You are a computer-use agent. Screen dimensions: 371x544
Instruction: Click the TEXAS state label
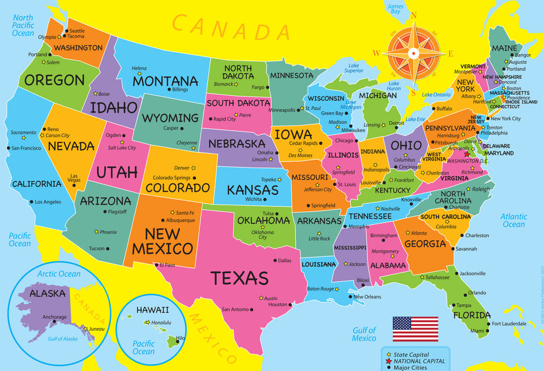(239, 278)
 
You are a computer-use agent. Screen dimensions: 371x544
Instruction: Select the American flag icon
(415, 329)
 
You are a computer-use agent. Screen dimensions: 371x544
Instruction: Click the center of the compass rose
(414, 53)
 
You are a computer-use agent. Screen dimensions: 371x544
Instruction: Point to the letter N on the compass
(414, 16)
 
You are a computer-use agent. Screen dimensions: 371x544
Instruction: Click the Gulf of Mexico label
(364, 334)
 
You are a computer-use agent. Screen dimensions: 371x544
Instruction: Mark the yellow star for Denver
(193, 168)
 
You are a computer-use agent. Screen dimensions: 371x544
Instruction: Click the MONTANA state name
(165, 81)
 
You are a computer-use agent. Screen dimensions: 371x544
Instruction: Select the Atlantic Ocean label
(513, 220)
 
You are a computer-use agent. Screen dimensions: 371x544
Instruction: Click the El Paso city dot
(156, 264)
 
